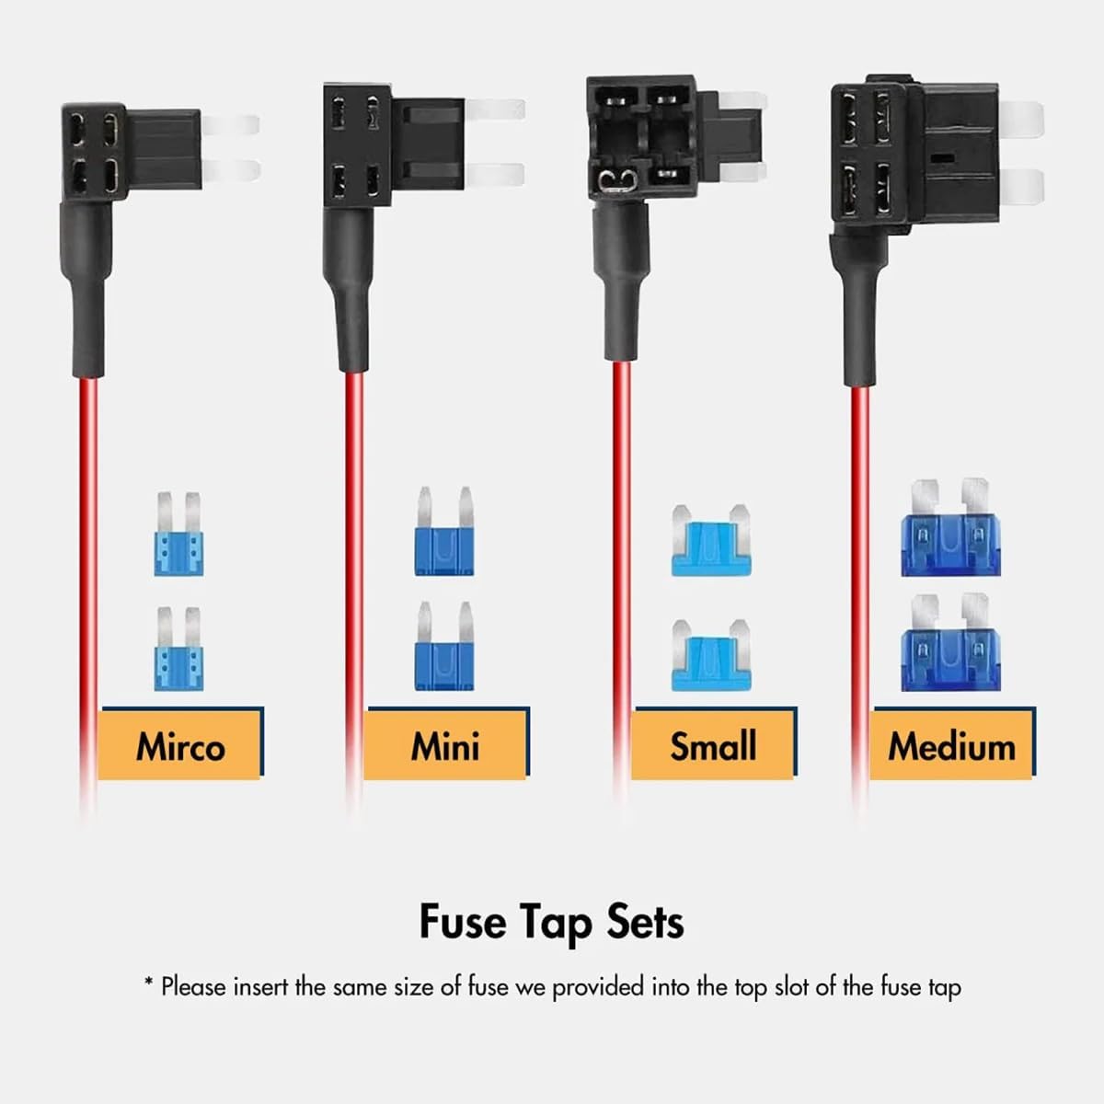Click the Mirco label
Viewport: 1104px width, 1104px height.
(x=180, y=745)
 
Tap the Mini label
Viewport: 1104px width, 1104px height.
(x=445, y=745)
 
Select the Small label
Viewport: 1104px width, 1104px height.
(x=713, y=745)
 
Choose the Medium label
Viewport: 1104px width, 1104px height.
(x=951, y=745)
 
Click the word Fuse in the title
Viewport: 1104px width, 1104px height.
(x=463, y=921)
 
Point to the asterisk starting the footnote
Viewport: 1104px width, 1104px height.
(x=148, y=983)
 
